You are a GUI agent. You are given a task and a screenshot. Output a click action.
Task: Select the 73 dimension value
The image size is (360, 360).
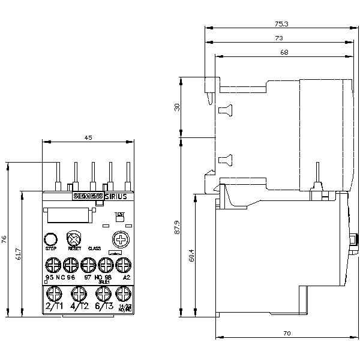(x=279, y=38)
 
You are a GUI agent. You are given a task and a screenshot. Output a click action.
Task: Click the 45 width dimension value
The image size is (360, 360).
(x=88, y=138)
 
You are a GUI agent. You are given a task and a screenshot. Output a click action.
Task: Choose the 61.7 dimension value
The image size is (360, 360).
(x=18, y=254)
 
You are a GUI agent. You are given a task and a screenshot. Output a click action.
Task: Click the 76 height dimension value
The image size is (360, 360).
(x=4, y=238)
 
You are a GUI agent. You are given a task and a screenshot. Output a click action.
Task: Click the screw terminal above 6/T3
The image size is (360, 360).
(x=103, y=293)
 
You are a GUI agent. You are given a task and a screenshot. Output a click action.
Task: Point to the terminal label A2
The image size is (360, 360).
(x=125, y=278)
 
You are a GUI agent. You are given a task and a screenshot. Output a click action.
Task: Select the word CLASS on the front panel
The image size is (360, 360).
(x=94, y=248)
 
